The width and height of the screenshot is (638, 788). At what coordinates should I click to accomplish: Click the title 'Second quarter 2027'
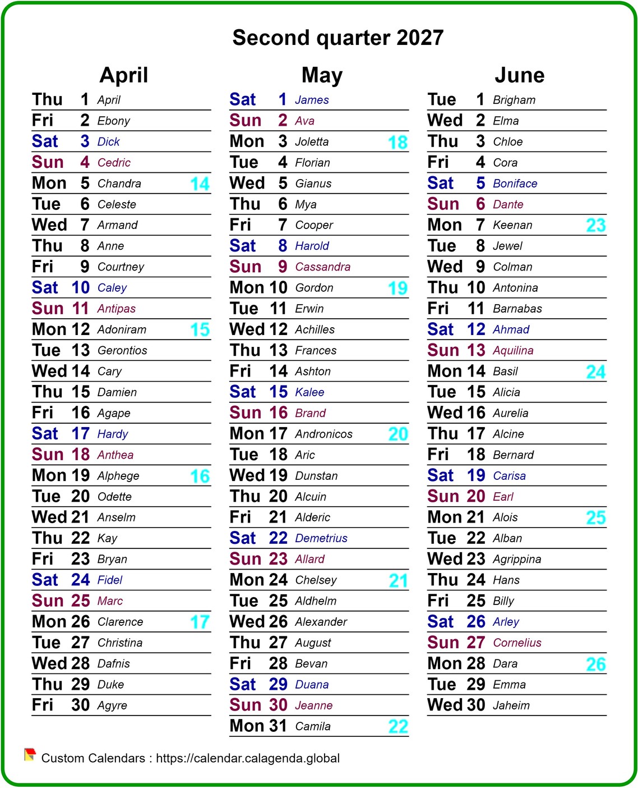(338, 38)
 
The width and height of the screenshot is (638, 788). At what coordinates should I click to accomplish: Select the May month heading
(322, 75)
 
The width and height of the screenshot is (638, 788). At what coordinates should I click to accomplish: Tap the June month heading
(519, 75)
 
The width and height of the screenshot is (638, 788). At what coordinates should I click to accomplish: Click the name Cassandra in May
(322, 267)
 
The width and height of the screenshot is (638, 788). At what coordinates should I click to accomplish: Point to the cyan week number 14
(200, 184)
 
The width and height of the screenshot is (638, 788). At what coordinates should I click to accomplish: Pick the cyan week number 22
(398, 727)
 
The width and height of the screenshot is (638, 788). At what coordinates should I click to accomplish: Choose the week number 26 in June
(595, 665)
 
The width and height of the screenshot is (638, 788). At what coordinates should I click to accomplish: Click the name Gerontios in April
(122, 351)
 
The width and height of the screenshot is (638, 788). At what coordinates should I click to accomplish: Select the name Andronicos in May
(323, 434)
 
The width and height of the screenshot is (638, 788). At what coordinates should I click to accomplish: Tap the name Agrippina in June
(517, 560)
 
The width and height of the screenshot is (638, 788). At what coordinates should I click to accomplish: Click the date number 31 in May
(278, 726)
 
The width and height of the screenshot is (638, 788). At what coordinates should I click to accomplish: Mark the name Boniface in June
(515, 184)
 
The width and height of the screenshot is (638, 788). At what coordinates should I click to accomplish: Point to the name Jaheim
(511, 705)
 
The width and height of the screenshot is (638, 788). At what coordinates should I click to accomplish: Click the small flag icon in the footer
(30, 755)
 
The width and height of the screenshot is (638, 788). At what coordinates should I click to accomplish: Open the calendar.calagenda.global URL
(248, 758)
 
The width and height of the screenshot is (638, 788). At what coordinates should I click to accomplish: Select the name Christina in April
(119, 643)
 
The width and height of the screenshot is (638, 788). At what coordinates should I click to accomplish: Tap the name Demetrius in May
(321, 539)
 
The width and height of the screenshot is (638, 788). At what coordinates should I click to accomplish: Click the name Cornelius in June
(517, 643)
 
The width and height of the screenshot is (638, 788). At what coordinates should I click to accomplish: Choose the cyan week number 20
(398, 434)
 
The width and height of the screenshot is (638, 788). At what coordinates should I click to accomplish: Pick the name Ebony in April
(113, 121)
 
